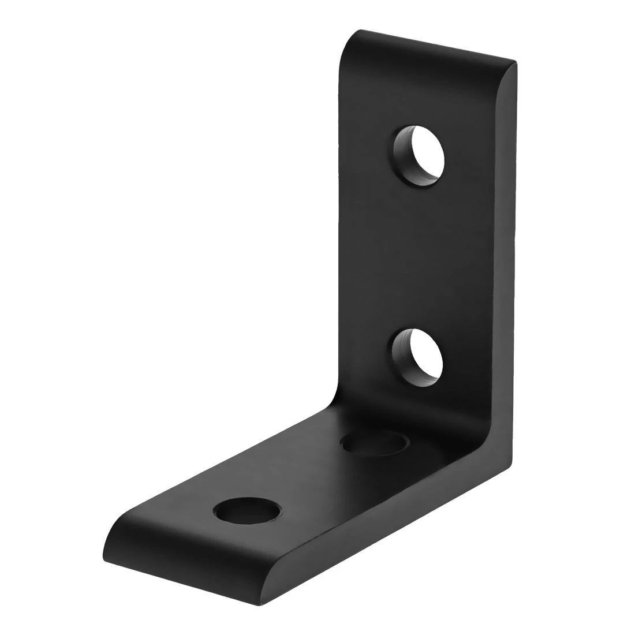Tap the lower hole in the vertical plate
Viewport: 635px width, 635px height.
(419, 358)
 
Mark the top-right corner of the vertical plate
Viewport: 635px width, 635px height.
(514, 60)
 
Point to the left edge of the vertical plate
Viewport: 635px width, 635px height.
(337, 231)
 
